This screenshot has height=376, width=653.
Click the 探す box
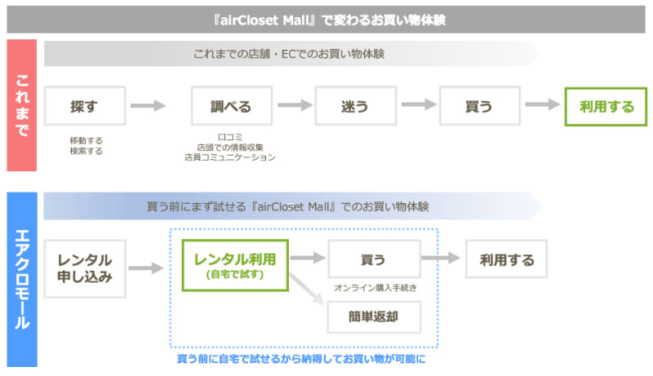(85, 106)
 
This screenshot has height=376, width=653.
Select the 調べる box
(232, 106)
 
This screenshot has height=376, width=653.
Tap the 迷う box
(356, 106)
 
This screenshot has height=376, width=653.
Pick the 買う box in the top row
(480, 106)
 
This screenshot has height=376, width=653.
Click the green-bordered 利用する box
(606, 107)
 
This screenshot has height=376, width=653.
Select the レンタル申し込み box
(85, 268)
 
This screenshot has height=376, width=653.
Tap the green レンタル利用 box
(235, 265)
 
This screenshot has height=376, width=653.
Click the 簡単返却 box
(374, 317)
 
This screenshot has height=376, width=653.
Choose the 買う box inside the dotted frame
(374, 259)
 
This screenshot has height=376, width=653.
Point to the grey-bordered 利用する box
(506, 259)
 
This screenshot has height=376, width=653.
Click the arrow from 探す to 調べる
(148, 106)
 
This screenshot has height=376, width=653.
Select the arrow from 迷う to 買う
(419, 104)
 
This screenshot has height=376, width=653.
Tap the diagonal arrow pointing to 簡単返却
(307, 289)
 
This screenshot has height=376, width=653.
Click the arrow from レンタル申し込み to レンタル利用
(146, 268)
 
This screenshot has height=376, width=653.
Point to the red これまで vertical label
(22, 105)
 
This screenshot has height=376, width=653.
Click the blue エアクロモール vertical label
(22, 279)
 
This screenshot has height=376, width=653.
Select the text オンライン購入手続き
(375, 288)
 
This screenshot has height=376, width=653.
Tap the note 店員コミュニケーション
(230, 157)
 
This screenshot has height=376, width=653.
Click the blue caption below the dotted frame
(301, 359)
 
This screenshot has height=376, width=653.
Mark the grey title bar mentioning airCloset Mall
(326, 20)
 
